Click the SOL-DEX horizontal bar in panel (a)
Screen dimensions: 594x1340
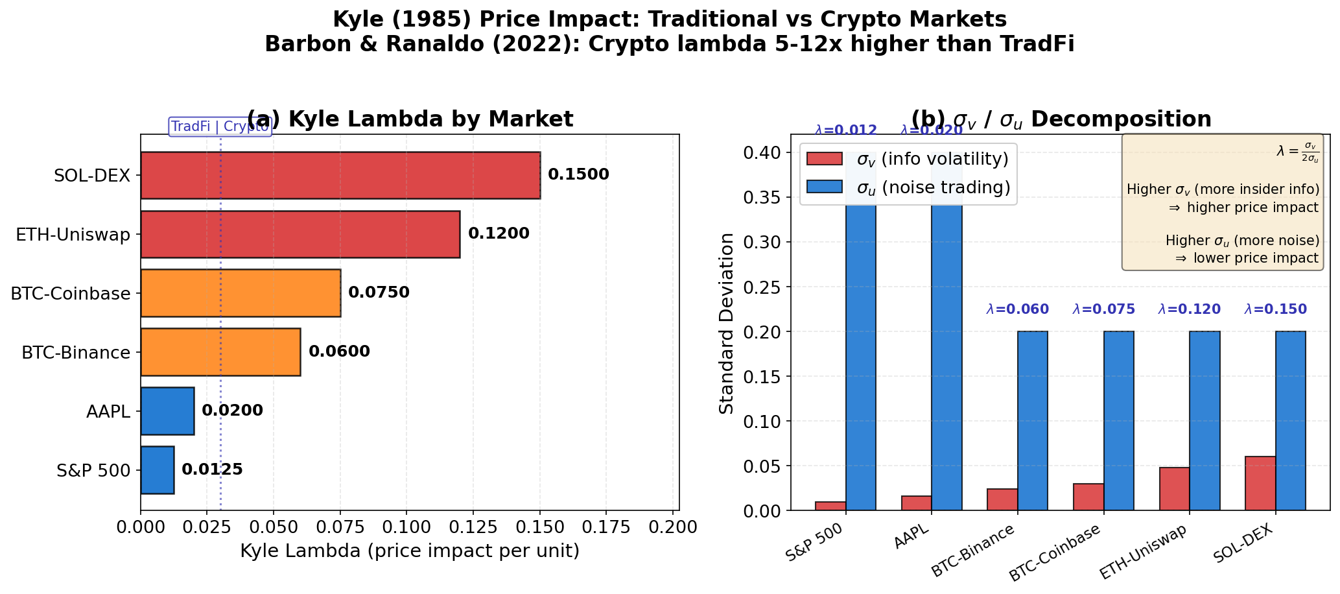(x=340, y=175)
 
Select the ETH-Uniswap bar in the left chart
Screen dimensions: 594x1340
(x=300, y=234)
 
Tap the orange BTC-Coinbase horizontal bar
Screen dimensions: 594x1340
(x=241, y=293)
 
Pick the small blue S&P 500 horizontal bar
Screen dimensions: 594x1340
(x=158, y=470)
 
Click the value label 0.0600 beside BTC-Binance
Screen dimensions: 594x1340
(x=339, y=352)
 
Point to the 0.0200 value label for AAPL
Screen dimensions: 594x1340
(x=232, y=411)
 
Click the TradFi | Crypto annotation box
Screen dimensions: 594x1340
(x=220, y=126)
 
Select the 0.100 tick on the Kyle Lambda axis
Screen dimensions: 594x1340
(x=406, y=527)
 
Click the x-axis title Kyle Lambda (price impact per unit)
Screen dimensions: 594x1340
(x=410, y=551)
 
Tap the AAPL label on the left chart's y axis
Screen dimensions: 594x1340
(x=108, y=412)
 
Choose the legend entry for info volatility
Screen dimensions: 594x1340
(x=908, y=160)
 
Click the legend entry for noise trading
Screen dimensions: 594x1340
(x=908, y=187)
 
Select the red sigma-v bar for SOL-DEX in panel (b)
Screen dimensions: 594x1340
(x=1260, y=483)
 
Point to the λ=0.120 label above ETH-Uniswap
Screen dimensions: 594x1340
(x=1189, y=310)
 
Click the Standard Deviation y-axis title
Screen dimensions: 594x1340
(x=727, y=323)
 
